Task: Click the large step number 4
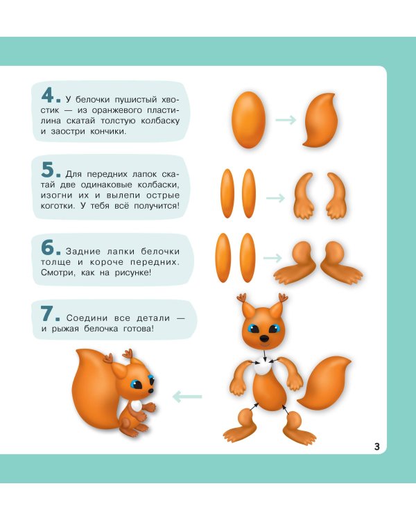[x=49, y=96]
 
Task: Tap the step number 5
[x=48, y=170]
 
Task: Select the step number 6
[x=48, y=248]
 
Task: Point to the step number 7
[x=47, y=313]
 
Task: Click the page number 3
[x=377, y=447]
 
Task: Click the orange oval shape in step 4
[x=249, y=120]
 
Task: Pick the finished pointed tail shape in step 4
[x=320, y=120]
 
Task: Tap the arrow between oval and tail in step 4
[x=286, y=120]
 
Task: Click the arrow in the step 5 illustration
[x=276, y=198]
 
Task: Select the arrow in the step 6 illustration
[x=272, y=258]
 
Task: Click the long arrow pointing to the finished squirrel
[x=187, y=397]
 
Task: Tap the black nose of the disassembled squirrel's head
[x=264, y=338]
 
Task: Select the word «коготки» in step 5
[x=58, y=206]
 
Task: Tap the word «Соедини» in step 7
[x=87, y=318]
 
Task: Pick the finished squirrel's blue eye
[x=135, y=385]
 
